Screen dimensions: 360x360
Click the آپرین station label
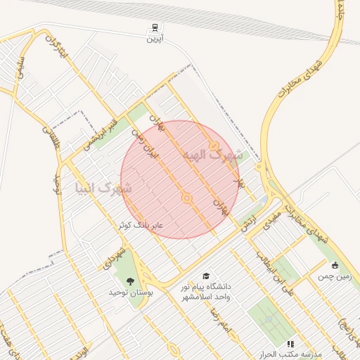point(154,39)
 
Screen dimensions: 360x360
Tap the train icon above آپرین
point(154,28)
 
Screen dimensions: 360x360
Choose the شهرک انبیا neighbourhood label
point(103,188)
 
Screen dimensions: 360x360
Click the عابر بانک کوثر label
point(141,225)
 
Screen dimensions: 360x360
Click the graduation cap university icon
point(205,276)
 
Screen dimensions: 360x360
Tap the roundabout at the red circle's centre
point(187,199)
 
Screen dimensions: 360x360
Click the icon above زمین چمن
point(335,266)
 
